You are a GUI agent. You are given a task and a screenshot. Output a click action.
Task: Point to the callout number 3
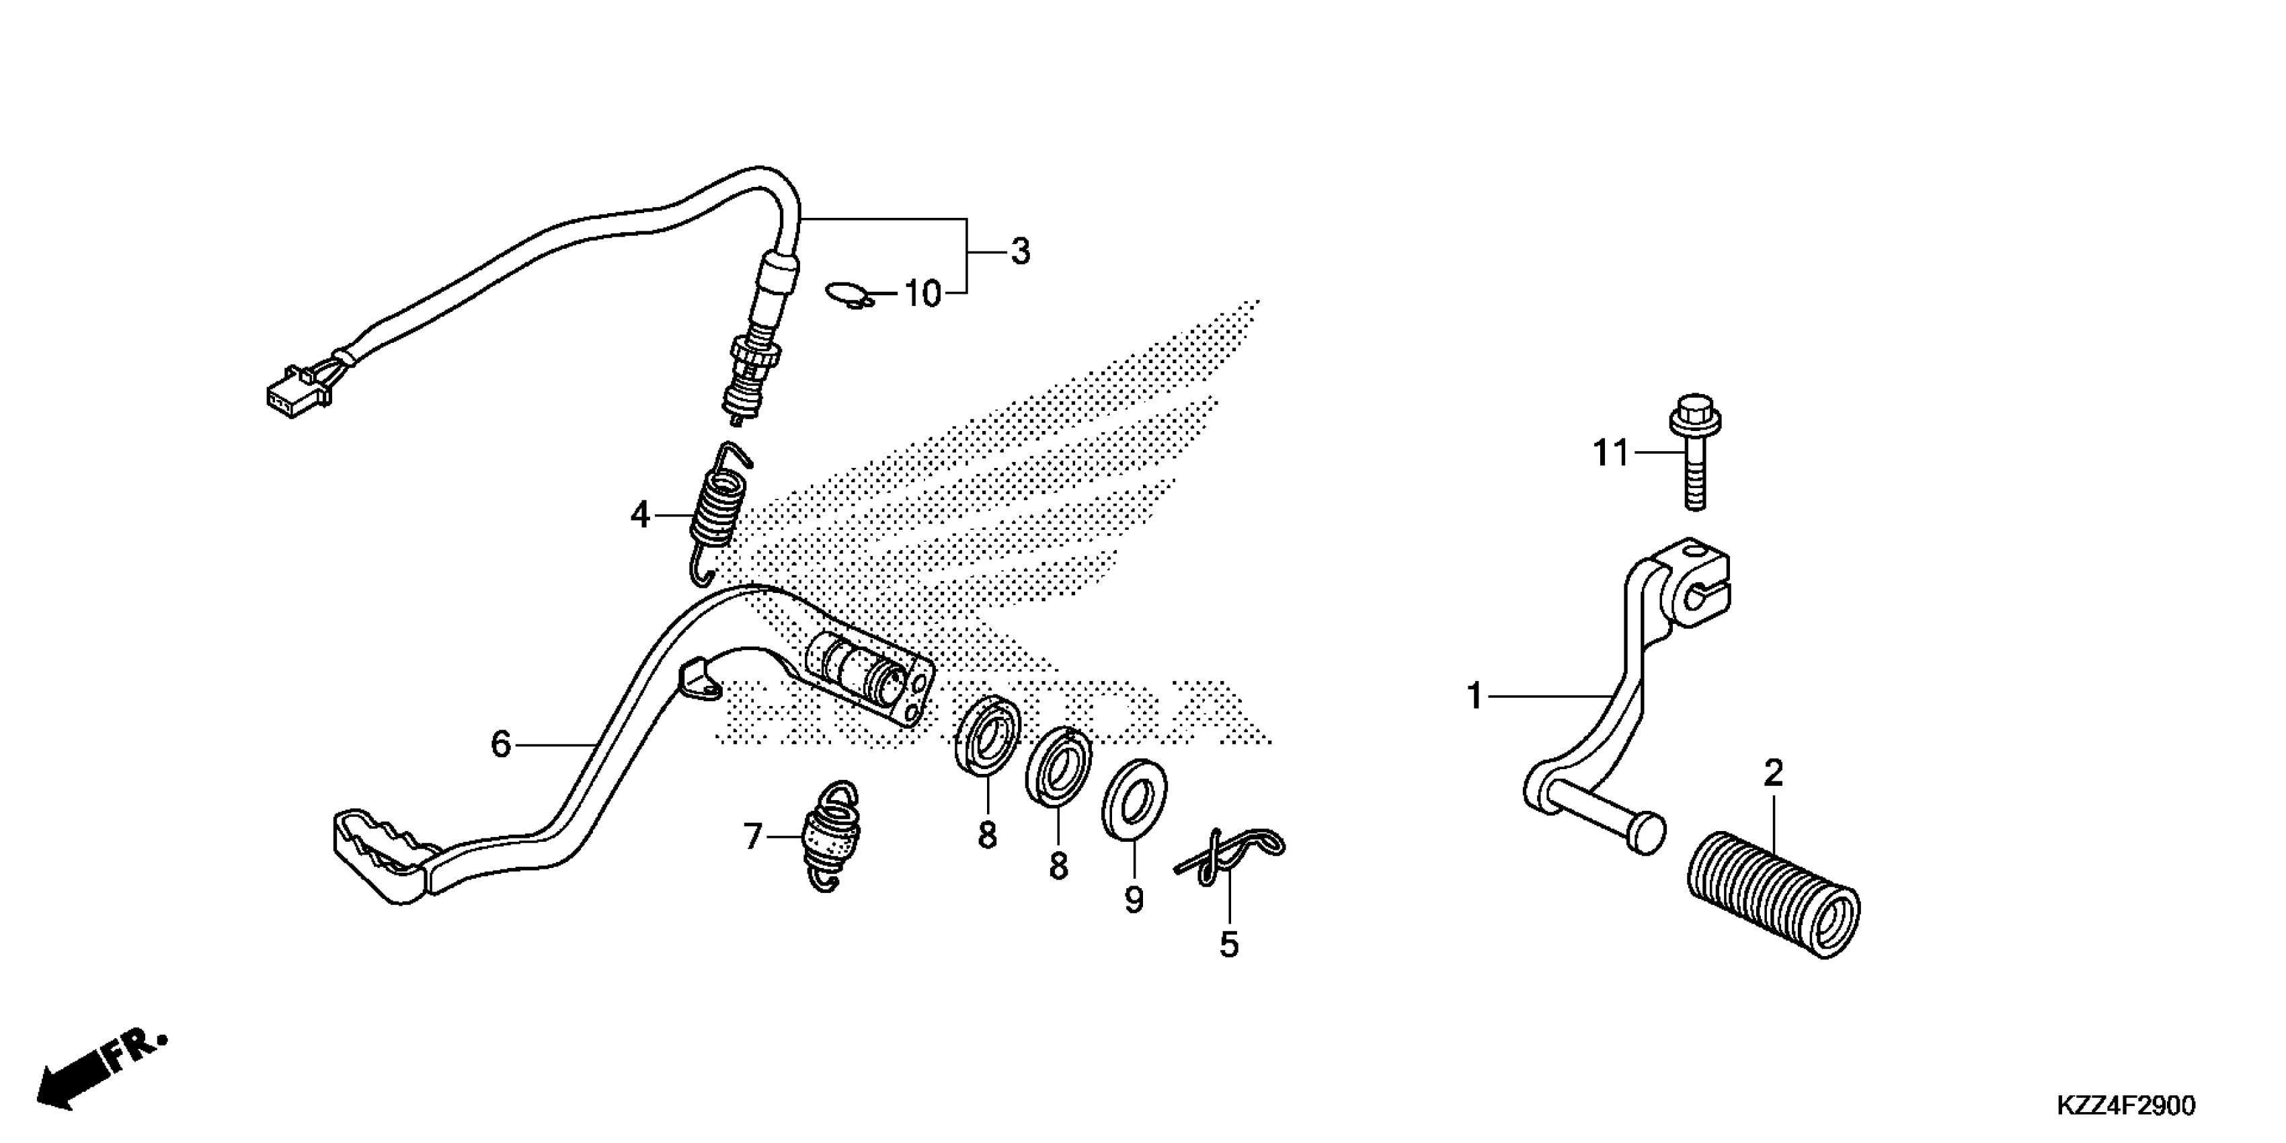click(x=1021, y=252)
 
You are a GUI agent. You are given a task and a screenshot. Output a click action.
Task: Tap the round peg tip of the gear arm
click(x=1648, y=836)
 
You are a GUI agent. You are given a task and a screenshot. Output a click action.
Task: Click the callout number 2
click(x=1772, y=774)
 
